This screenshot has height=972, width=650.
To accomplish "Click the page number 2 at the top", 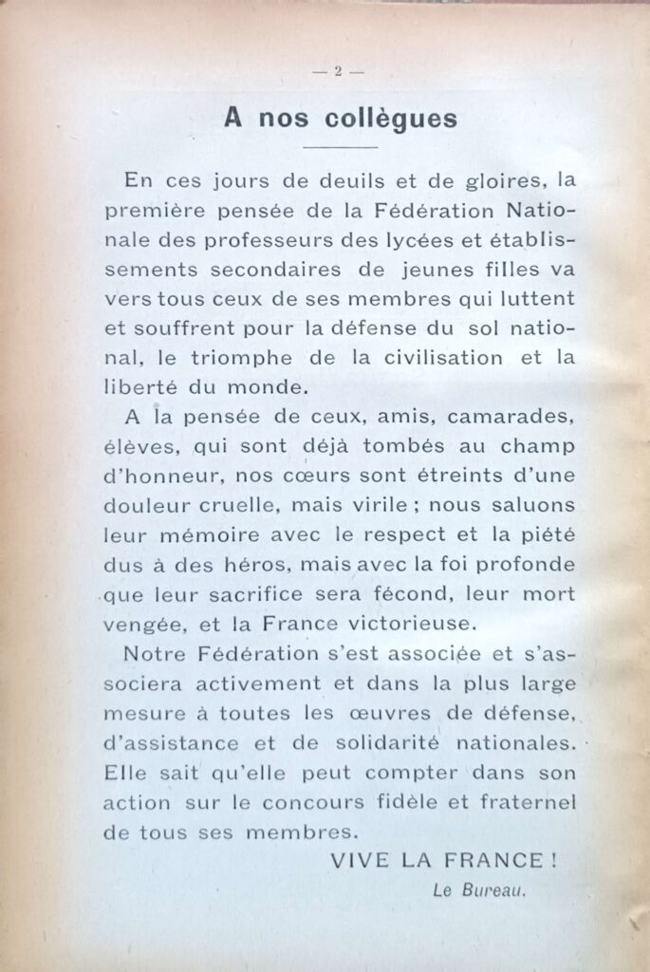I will pos(337,71).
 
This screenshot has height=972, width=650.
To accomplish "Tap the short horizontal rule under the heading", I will pos(339,148).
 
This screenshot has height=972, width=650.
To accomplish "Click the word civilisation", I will pos(437,358).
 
